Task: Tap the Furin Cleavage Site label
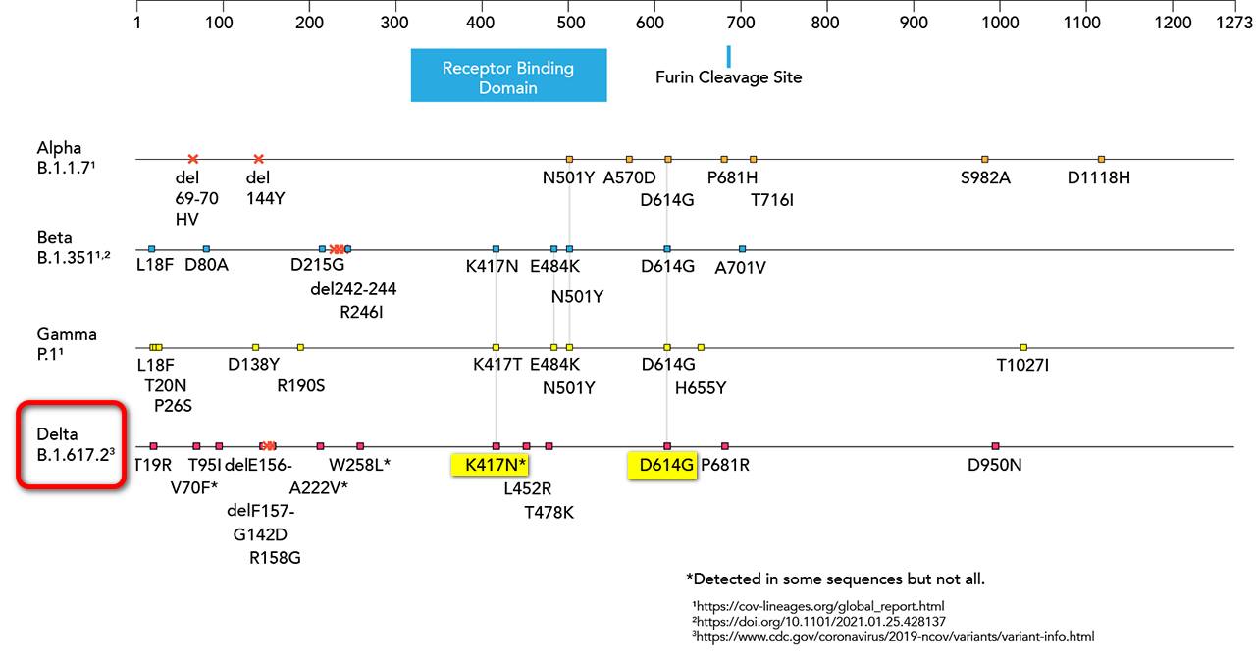click(728, 77)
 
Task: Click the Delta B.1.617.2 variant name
click(73, 444)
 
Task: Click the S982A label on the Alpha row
click(985, 177)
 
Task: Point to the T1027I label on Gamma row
click(1023, 366)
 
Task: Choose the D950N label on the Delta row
click(995, 465)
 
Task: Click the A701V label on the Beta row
click(741, 268)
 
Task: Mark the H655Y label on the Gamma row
click(701, 387)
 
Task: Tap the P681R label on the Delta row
click(725, 465)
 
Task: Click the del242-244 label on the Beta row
click(353, 289)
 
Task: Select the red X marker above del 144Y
click(259, 159)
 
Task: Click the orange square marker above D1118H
click(1101, 159)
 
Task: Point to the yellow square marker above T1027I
click(1023, 347)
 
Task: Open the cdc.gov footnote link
click(893, 636)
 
